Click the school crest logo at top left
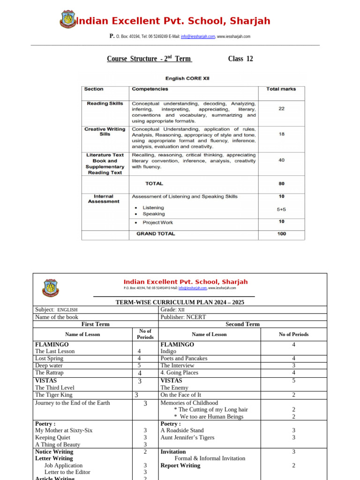click(x=68, y=20)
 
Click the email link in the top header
click(x=198, y=37)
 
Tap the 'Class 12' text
click(x=240, y=59)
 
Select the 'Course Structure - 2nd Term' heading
click(x=149, y=59)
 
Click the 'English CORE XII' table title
click(x=188, y=78)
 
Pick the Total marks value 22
click(x=281, y=109)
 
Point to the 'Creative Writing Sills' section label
click(x=105, y=132)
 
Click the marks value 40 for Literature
click(x=281, y=160)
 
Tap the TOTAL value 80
click(x=281, y=184)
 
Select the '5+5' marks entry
click(x=281, y=210)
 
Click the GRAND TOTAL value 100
click(x=281, y=233)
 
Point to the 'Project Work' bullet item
click(x=157, y=223)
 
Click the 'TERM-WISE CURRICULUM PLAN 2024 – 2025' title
click(x=180, y=302)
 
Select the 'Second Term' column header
click(x=242, y=324)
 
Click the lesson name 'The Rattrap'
click(x=49, y=373)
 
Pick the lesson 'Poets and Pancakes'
click(x=184, y=358)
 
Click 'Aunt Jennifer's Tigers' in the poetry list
click(x=187, y=437)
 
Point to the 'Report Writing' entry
click(x=180, y=465)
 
